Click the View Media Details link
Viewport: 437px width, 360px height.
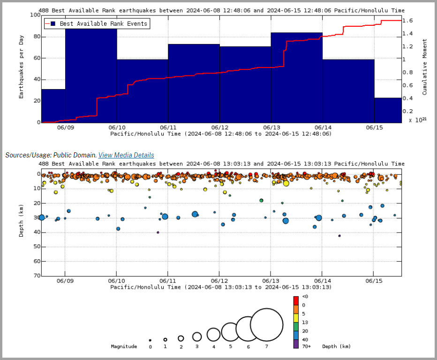[126, 155]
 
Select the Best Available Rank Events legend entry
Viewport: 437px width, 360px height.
[97, 24]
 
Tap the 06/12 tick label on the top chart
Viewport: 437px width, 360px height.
[219, 127]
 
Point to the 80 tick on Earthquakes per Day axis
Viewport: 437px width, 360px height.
[37, 37]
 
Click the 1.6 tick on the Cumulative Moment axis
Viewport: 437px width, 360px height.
[407, 21]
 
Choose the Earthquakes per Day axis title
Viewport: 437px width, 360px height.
[21, 67]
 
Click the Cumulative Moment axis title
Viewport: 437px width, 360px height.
[424, 67]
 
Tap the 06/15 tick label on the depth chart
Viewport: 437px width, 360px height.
[374, 281]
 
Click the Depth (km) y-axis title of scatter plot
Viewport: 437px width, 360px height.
[21, 221]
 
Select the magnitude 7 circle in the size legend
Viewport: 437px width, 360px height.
[266, 325]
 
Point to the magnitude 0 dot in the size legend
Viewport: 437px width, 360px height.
[150, 340]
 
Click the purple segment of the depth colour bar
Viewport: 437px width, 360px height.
[296, 344]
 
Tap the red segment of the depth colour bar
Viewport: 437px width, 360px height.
[296, 300]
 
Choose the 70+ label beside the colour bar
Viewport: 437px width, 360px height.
[306, 346]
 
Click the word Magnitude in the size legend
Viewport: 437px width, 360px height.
[124, 346]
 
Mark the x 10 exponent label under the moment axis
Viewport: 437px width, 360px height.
[417, 120]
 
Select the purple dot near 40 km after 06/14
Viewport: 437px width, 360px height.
[339, 236]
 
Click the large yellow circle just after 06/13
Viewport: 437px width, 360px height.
[286, 183]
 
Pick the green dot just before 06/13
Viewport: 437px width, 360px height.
[261, 200]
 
